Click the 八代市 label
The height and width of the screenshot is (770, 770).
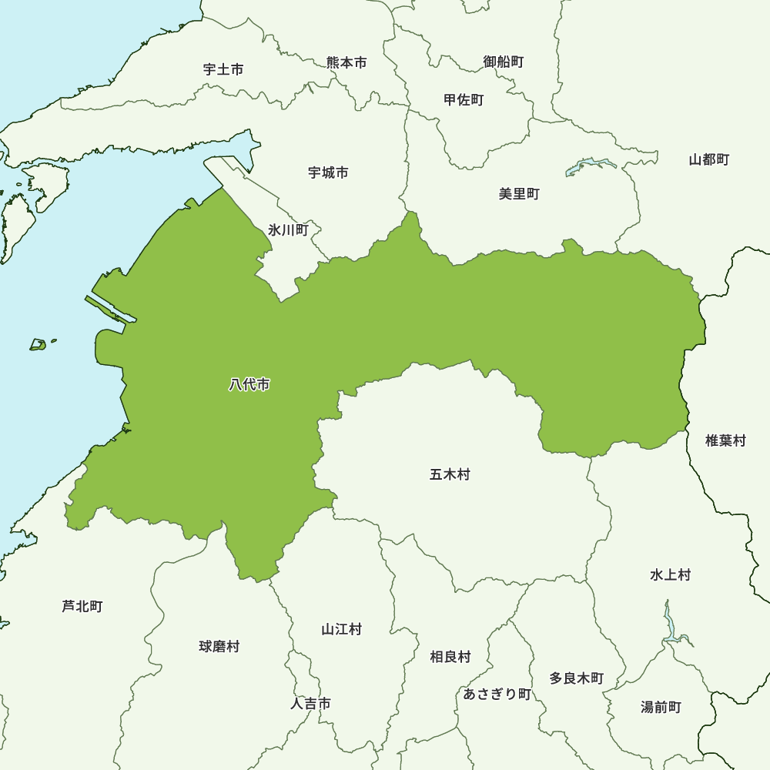pyautogui.click(x=249, y=384)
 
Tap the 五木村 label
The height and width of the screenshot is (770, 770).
pyautogui.click(x=450, y=474)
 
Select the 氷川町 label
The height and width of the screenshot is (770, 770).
pyautogui.click(x=288, y=229)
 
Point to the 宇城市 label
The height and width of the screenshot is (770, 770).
pyautogui.click(x=328, y=172)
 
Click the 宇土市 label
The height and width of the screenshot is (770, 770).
pyautogui.click(x=223, y=69)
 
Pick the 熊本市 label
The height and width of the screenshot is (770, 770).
pyautogui.click(x=346, y=62)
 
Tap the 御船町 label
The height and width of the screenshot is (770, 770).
pyautogui.click(x=504, y=61)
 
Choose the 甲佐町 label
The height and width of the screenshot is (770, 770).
pyautogui.click(x=464, y=99)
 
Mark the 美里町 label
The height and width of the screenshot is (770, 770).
pyautogui.click(x=519, y=193)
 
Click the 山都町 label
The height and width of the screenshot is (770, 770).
pyautogui.click(x=708, y=159)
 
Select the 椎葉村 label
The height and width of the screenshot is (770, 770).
pyautogui.click(x=725, y=440)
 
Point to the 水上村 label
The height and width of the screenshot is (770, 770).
pyautogui.click(x=670, y=574)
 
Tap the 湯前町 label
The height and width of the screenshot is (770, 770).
pyautogui.click(x=661, y=706)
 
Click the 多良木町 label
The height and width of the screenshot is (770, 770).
pyautogui.click(x=576, y=678)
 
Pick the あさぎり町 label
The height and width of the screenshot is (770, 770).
pyautogui.click(x=497, y=694)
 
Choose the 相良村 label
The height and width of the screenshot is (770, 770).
pyautogui.click(x=450, y=657)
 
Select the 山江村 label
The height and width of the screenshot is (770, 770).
pyautogui.click(x=341, y=629)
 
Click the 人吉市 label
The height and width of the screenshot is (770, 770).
pyautogui.click(x=311, y=703)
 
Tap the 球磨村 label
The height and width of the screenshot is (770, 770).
pyautogui.click(x=219, y=646)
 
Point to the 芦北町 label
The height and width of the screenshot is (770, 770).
pyautogui.click(x=82, y=606)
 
